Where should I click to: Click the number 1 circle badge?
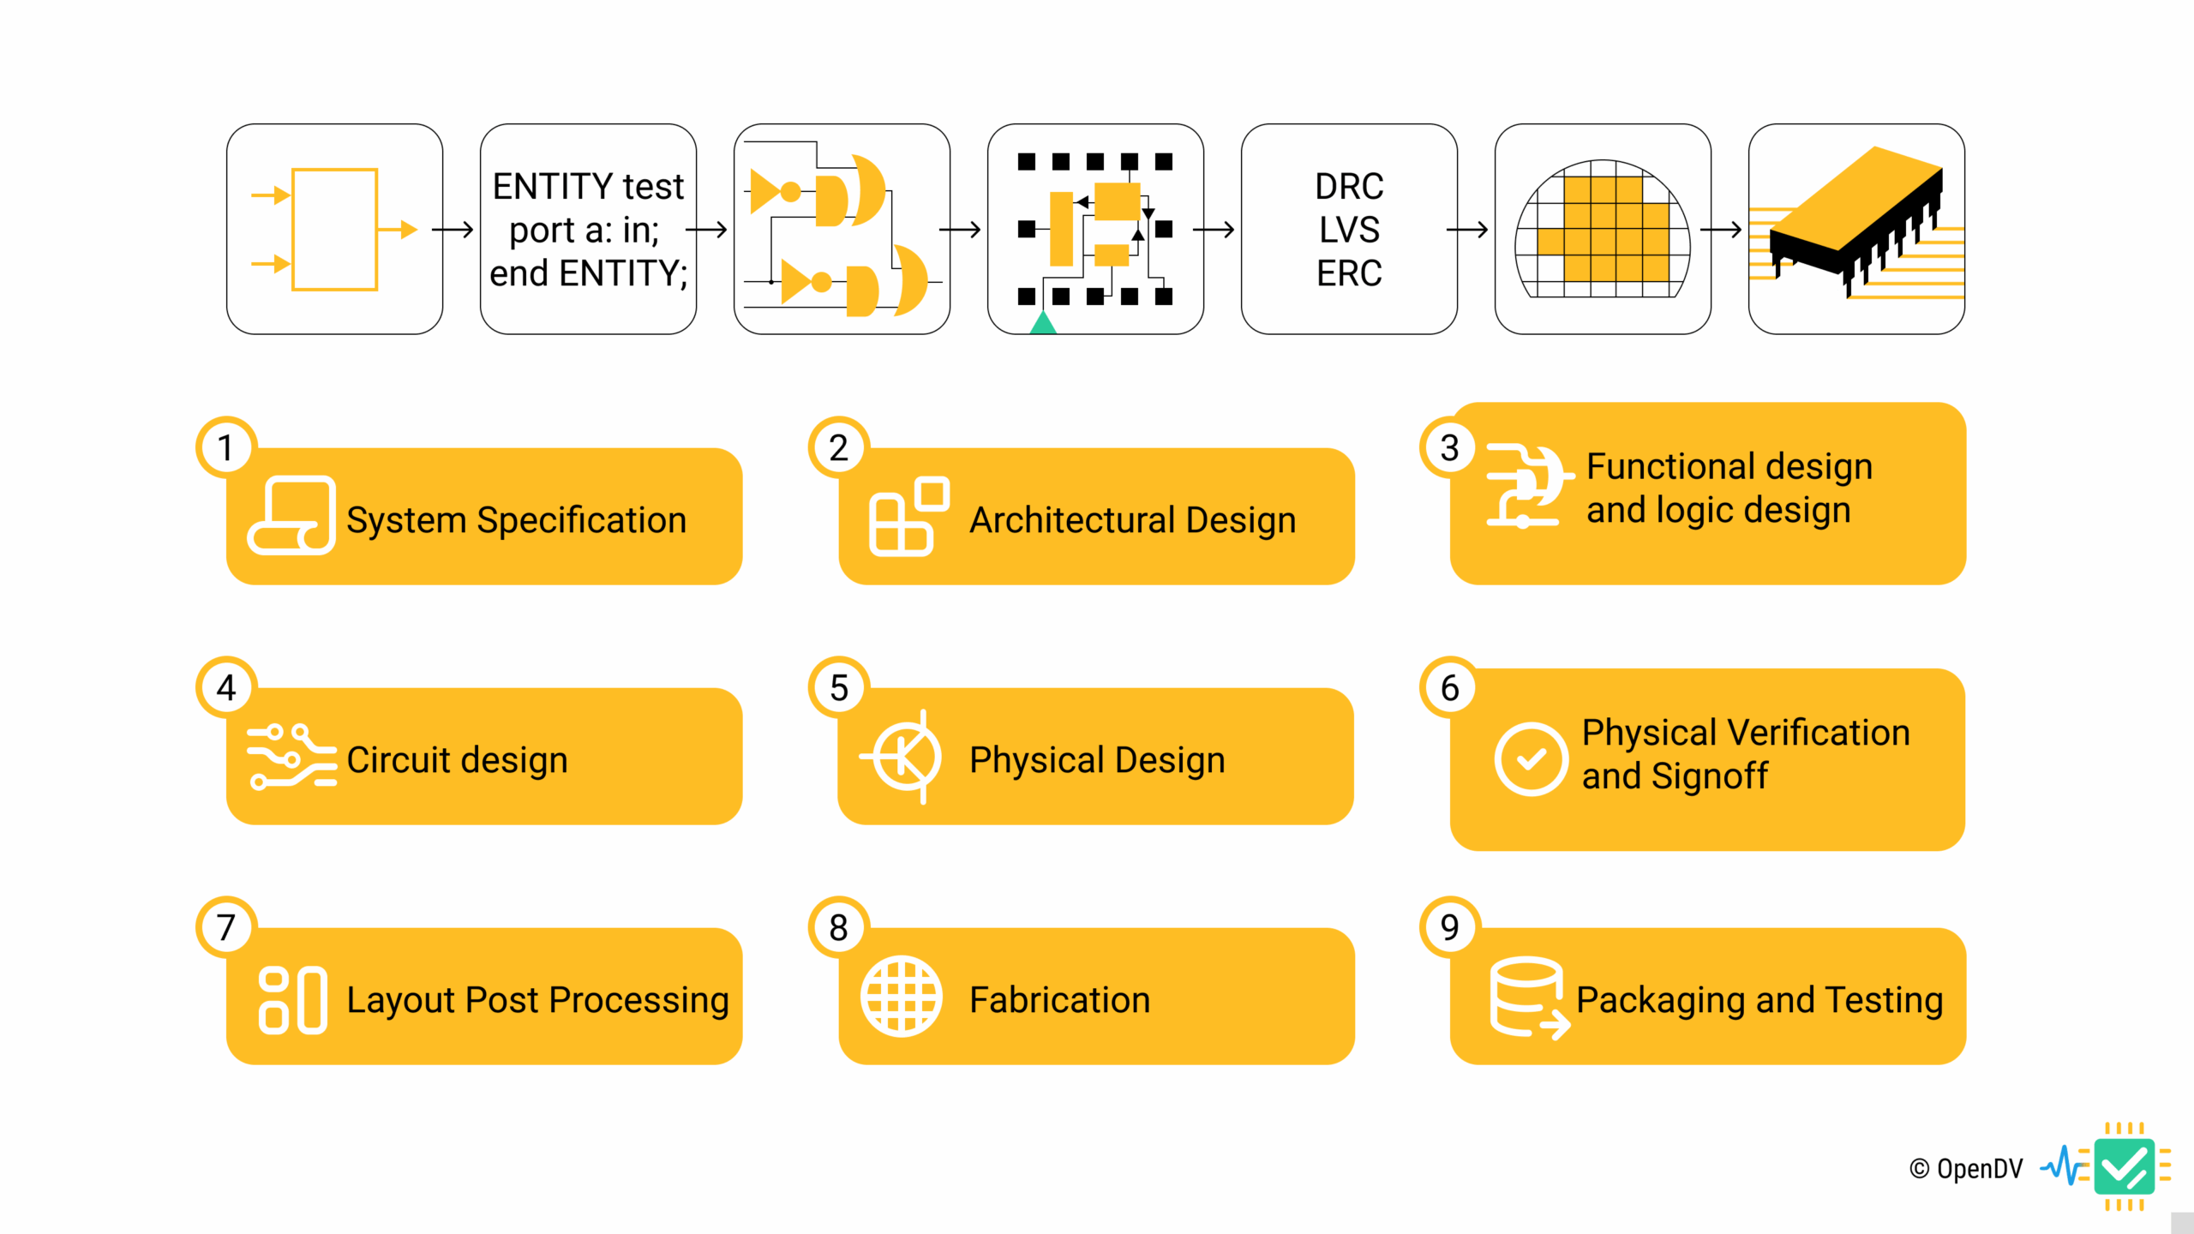click(226, 447)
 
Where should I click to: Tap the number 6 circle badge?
click(1449, 687)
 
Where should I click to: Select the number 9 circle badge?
click(1449, 926)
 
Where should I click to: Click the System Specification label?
click(516, 520)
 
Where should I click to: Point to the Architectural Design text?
click(1132, 520)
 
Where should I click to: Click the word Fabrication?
click(1059, 1000)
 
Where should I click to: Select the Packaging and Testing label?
click(1759, 1000)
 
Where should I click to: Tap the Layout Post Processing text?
click(537, 1000)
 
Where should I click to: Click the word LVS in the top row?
click(1349, 230)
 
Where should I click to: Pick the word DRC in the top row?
click(1349, 186)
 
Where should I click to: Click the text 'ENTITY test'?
click(588, 186)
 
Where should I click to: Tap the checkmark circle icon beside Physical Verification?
click(1531, 759)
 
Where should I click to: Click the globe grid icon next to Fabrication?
click(902, 997)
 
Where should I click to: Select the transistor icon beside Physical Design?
click(905, 757)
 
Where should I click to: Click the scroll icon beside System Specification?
click(292, 516)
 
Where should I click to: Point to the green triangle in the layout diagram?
click(1043, 323)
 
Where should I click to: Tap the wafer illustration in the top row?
click(1603, 230)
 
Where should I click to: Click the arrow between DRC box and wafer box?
click(1467, 230)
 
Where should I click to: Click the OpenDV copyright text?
click(1966, 1169)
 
